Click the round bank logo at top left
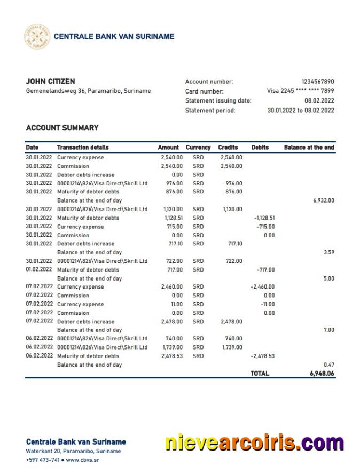pos(37,37)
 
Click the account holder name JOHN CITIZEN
pos(50,82)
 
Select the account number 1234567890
pos(318,82)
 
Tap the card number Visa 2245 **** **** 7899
pos(300,91)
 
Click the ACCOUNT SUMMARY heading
pos(62,128)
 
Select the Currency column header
pos(198,148)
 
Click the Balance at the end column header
pos(309,148)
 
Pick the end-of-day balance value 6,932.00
pos(323,201)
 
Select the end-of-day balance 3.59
pos(328,252)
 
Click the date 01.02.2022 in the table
pos(39,270)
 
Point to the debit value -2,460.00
pos(262,287)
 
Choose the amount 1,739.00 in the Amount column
pos(172,347)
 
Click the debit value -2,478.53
pos(262,356)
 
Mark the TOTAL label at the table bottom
pos(260,374)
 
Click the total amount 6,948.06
pos(322,374)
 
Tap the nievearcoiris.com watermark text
pos(254,443)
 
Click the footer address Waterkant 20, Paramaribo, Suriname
pos(73,451)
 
